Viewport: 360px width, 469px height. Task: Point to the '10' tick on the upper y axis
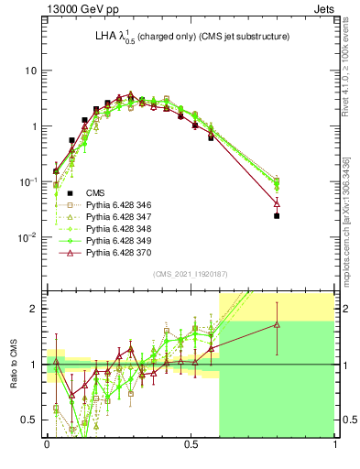(x=31, y=71)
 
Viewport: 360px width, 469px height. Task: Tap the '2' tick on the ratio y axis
(x=35, y=309)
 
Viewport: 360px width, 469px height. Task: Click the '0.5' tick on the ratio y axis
(x=30, y=420)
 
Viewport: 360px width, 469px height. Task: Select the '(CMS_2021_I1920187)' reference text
(x=191, y=274)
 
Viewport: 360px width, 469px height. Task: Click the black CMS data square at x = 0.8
(x=277, y=216)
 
